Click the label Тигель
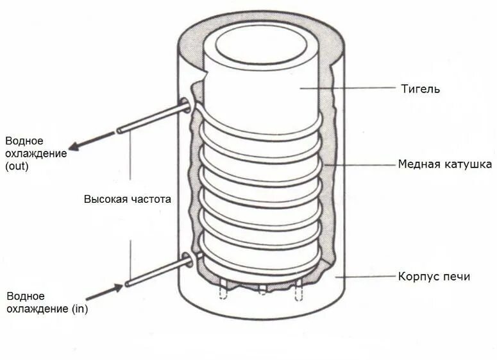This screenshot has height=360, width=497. click(x=420, y=89)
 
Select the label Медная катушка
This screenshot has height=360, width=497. click(x=445, y=164)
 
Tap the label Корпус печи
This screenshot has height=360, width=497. click(x=434, y=277)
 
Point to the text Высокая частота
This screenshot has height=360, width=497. click(x=128, y=199)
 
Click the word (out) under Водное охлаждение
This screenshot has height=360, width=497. click(x=17, y=166)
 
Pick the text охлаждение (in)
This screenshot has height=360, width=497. click(x=47, y=309)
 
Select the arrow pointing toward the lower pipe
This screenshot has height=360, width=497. click(x=104, y=292)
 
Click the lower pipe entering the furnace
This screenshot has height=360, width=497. click(x=157, y=272)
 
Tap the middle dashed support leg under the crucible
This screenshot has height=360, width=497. click(x=262, y=288)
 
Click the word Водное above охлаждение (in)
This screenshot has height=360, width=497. click(x=26, y=296)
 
